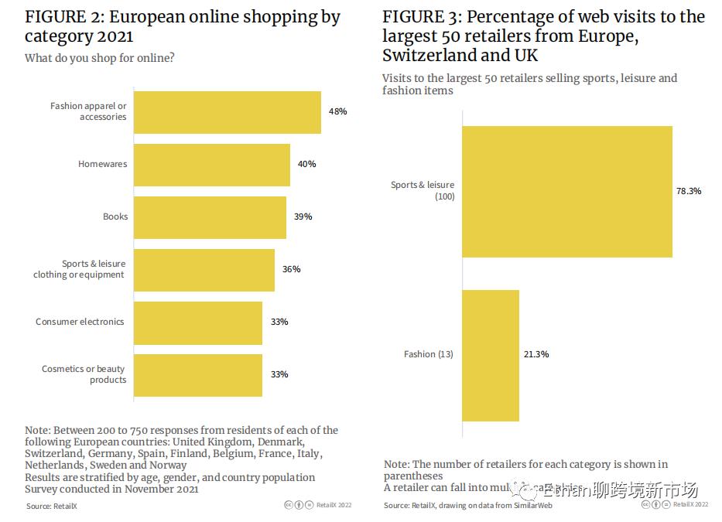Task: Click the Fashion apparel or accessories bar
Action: click(x=228, y=112)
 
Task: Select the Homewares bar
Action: click(x=212, y=165)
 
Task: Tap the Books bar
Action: click(x=210, y=217)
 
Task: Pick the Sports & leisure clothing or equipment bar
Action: click(x=204, y=270)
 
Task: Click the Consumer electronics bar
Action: click(x=198, y=322)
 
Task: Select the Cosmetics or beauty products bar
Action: click(x=198, y=375)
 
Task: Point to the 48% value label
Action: click(x=337, y=111)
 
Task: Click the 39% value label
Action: click(x=303, y=217)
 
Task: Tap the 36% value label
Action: click(x=291, y=269)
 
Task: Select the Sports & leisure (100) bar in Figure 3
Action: click(x=567, y=191)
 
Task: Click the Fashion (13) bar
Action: click(x=491, y=355)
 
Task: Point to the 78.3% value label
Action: click(x=688, y=191)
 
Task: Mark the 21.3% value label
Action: click(x=536, y=354)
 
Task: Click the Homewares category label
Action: click(x=102, y=164)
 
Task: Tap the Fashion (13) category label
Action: click(x=428, y=354)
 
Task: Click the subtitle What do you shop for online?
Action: click(x=99, y=58)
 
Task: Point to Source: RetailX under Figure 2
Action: click(x=52, y=506)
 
